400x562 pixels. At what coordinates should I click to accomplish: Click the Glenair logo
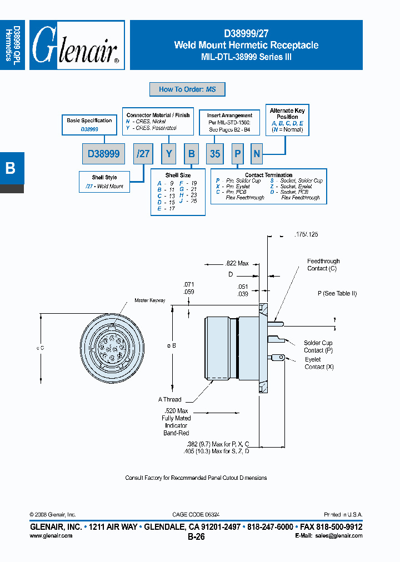point(77,46)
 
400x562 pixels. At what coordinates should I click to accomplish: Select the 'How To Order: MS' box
point(187,89)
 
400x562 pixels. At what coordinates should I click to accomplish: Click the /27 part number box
point(143,154)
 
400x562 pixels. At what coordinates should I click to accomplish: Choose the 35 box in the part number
point(215,154)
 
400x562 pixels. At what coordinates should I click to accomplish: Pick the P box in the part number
point(237,154)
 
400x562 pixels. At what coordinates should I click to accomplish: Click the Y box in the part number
point(168,154)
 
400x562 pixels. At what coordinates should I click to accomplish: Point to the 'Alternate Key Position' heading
point(287,114)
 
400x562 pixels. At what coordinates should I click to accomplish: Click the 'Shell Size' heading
point(178,175)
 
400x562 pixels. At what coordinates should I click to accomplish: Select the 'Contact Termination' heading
point(269,175)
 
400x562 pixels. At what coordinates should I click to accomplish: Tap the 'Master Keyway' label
point(149,300)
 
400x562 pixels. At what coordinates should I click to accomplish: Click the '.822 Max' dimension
point(237,263)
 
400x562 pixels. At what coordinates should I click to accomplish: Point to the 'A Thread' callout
point(169,399)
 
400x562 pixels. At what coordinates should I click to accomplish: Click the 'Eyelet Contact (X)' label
point(313,363)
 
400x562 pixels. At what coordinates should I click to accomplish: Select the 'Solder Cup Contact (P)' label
point(318,347)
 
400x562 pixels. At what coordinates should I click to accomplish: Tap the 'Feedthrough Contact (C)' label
point(323,265)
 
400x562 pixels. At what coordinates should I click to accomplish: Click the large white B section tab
point(11,168)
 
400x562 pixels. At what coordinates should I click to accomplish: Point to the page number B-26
point(196,537)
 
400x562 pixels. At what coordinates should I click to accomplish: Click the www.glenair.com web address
point(51,536)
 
